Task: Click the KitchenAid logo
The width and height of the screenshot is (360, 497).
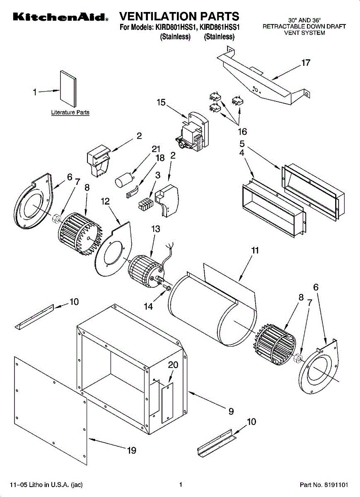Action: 60,17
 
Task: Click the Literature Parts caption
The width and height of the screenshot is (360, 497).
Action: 70,112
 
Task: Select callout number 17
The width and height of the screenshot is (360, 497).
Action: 305,63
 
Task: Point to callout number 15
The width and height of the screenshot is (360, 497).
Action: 161,102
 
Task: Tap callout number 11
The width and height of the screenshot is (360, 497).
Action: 255,250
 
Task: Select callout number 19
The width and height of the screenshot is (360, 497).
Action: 132,450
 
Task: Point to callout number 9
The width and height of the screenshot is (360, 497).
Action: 231,411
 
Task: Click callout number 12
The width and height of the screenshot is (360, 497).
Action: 105,201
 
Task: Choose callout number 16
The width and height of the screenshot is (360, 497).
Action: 242,132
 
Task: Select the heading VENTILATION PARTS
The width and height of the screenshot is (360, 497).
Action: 179,17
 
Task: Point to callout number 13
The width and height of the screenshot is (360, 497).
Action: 156,229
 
